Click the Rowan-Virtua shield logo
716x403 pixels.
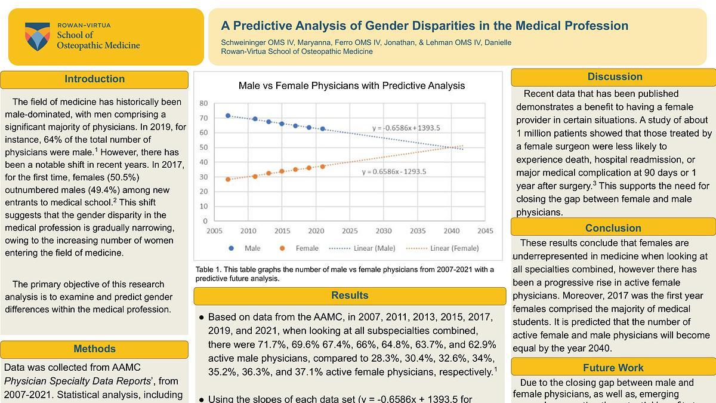(x=37, y=36)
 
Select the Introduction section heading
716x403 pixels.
(x=94, y=79)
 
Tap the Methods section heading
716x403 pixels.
(x=94, y=349)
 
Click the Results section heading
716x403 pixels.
(x=350, y=296)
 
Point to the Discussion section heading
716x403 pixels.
(x=615, y=76)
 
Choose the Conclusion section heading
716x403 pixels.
(x=613, y=227)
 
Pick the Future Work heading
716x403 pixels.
(x=613, y=368)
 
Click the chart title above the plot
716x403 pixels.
(x=351, y=86)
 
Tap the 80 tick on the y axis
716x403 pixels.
(x=203, y=103)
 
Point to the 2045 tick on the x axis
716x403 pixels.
(x=485, y=231)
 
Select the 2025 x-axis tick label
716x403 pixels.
(x=350, y=231)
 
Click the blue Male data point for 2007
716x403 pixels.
(x=228, y=115)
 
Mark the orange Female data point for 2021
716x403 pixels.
(x=323, y=167)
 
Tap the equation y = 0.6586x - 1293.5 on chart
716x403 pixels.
(x=394, y=172)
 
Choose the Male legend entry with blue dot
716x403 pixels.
(x=245, y=248)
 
